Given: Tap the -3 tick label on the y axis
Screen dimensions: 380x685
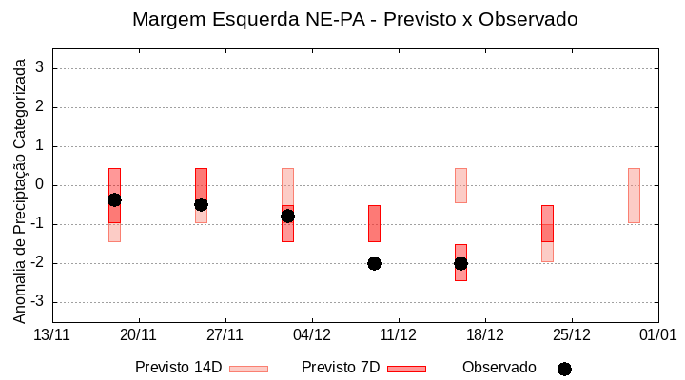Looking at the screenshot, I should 36,302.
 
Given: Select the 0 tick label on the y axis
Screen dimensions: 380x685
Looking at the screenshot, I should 39,185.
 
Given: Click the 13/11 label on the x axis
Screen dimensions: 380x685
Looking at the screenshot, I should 51,334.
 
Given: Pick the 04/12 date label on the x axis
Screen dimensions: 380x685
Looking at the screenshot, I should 311,334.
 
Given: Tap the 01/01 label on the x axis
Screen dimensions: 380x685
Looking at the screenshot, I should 657,334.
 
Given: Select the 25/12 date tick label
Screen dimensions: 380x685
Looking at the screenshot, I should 571,334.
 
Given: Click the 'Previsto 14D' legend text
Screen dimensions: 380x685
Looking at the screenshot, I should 178,368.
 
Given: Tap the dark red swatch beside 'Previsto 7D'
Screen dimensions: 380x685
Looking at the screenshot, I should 406,369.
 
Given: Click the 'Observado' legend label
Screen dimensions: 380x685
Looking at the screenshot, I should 499,368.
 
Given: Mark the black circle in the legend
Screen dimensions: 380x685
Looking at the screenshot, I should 564,369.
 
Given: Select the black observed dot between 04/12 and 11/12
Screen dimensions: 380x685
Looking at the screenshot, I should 374,263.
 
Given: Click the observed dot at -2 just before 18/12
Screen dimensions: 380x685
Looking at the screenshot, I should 460,263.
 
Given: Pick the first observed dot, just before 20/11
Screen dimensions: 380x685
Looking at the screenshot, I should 114,199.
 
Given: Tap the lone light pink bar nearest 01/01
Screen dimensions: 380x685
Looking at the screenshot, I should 634,196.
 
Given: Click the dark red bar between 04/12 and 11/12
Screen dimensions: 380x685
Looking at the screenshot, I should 374,223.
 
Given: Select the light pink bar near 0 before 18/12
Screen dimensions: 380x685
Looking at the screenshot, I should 460,185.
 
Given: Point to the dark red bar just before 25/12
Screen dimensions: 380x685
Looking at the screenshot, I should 547,223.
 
